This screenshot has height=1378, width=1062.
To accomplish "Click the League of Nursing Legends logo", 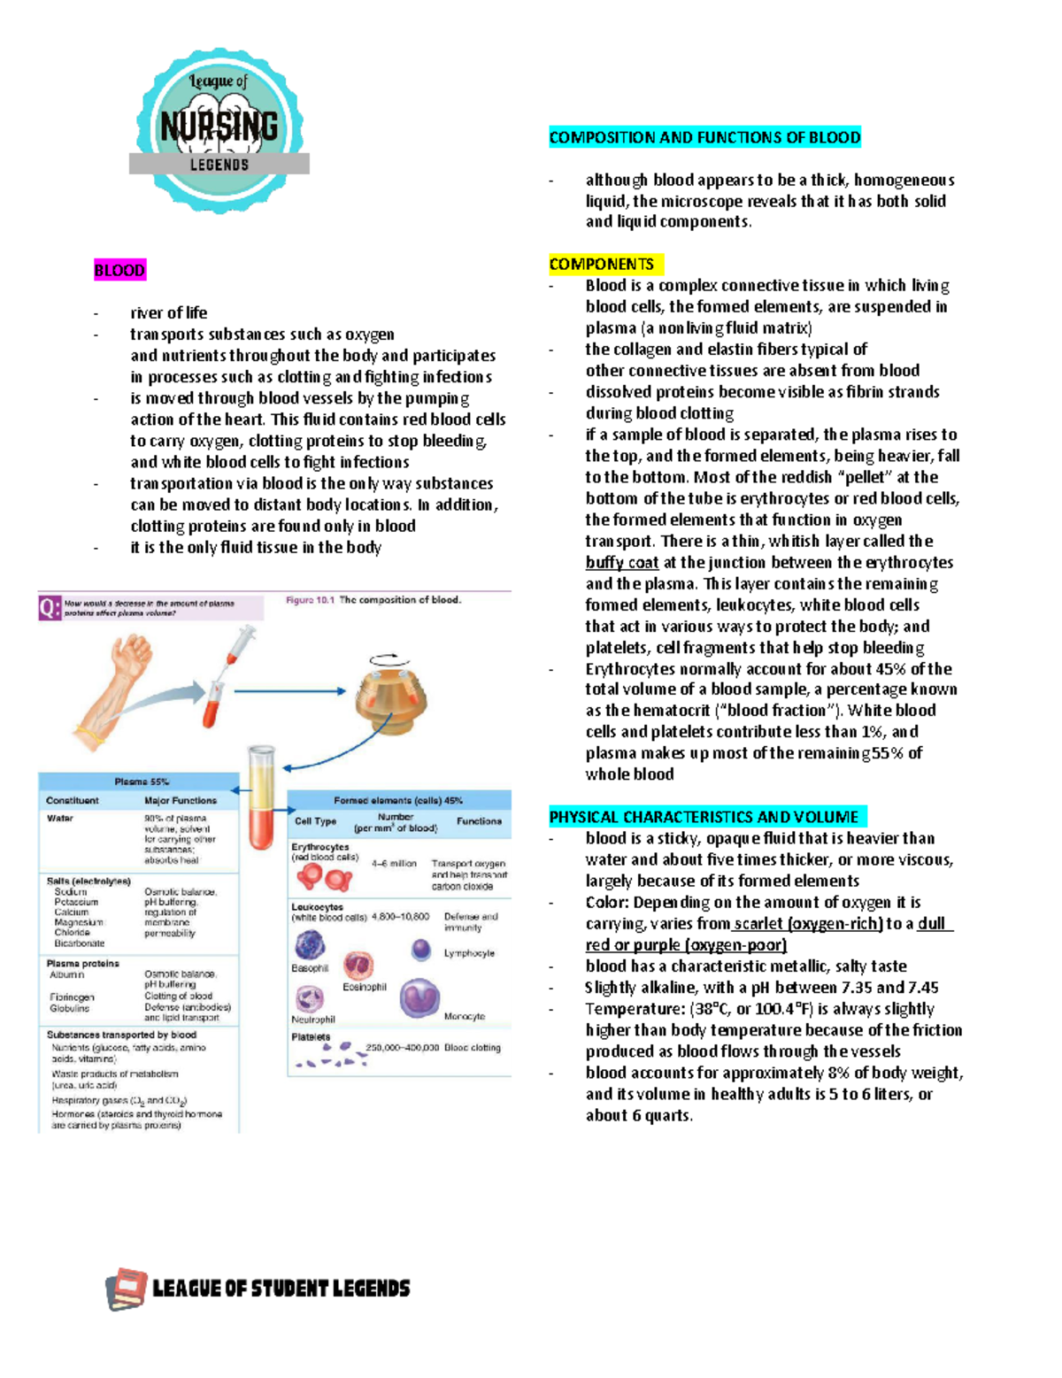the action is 219,129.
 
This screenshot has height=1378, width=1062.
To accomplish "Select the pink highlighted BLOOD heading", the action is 119,270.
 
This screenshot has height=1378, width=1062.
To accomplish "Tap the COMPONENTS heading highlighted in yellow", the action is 602,264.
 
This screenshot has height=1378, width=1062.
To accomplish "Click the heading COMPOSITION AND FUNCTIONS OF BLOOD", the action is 704,137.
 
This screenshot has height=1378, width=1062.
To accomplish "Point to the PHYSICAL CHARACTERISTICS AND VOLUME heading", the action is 704,817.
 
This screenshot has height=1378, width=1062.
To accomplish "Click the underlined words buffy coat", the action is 621,562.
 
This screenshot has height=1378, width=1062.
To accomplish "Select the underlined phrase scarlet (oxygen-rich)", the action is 808,923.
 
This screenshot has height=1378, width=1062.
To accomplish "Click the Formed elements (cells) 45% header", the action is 398,800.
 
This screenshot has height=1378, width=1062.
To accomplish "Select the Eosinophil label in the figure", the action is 365,987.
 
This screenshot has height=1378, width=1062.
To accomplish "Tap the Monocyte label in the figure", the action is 465,1017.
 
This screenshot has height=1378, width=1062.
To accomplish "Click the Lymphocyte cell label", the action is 469,953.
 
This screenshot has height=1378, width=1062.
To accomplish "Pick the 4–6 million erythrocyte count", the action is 394,863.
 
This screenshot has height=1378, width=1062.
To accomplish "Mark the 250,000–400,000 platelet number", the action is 403,1048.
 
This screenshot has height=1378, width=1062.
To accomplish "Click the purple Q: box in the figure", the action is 50,607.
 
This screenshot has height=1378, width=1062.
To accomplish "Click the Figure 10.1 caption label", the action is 310,600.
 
